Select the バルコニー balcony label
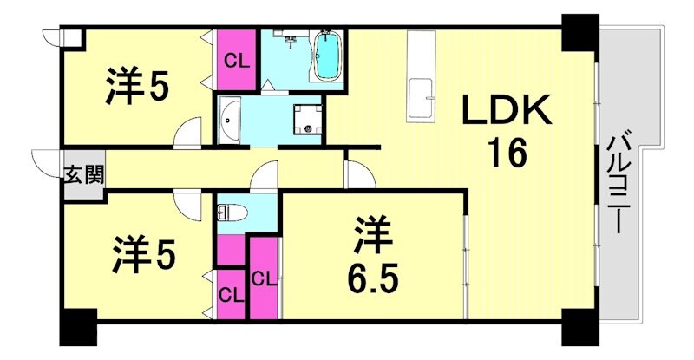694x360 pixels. click(619, 180)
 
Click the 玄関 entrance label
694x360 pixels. click(82, 174)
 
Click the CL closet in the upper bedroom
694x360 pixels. click(234, 59)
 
